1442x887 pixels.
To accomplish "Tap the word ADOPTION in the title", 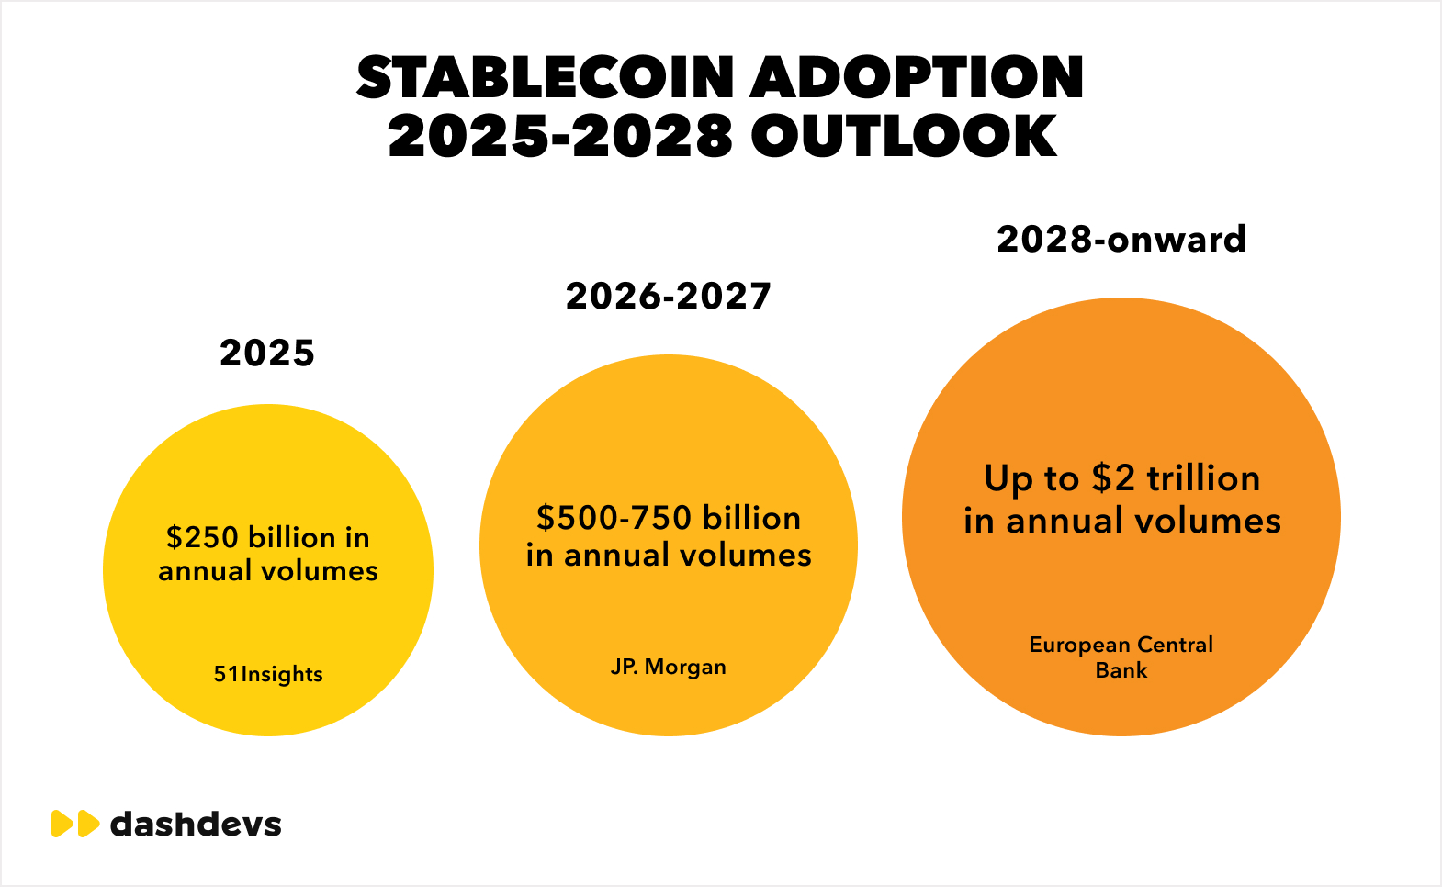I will [x=918, y=77].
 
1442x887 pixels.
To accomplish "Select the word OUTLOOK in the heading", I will [x=904, y=137].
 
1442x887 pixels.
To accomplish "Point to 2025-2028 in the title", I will [x=560, y=137].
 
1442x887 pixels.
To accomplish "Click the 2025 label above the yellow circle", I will [x=267, y=354].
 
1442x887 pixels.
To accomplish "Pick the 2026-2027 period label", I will [x=669, y=297].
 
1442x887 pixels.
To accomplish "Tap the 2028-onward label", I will [x=1121, y=240].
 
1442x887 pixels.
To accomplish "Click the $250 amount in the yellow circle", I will [x=202, y=537].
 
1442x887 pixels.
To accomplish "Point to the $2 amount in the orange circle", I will [x=1113, y=478].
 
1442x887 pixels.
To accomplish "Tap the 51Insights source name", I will [x=268, y=674].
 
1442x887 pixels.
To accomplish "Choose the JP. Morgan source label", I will [x=669, y=667].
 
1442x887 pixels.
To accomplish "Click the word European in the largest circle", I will [x=1079, y=645].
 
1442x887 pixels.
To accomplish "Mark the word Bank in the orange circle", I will [x=1121, y=670].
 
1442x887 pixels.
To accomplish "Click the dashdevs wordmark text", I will [x=196, y=824].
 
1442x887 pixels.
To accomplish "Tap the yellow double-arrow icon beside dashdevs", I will [x=74, y=824].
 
